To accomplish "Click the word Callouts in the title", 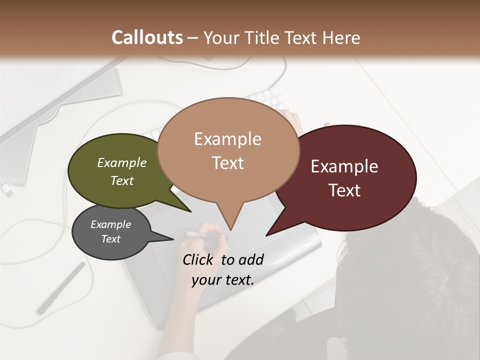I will [147, 37].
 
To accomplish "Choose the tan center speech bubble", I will [228, 150].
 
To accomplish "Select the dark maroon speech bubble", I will [350, 177].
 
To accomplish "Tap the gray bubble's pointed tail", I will [170, 238].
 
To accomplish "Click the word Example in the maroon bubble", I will [344, 166].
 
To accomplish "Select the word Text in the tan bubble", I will [228, 163].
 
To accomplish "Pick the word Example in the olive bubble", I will [122, 163].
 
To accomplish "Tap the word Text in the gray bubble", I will [111, 239].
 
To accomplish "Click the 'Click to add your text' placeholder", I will [223, 269].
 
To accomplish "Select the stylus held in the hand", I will [195, 233].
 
